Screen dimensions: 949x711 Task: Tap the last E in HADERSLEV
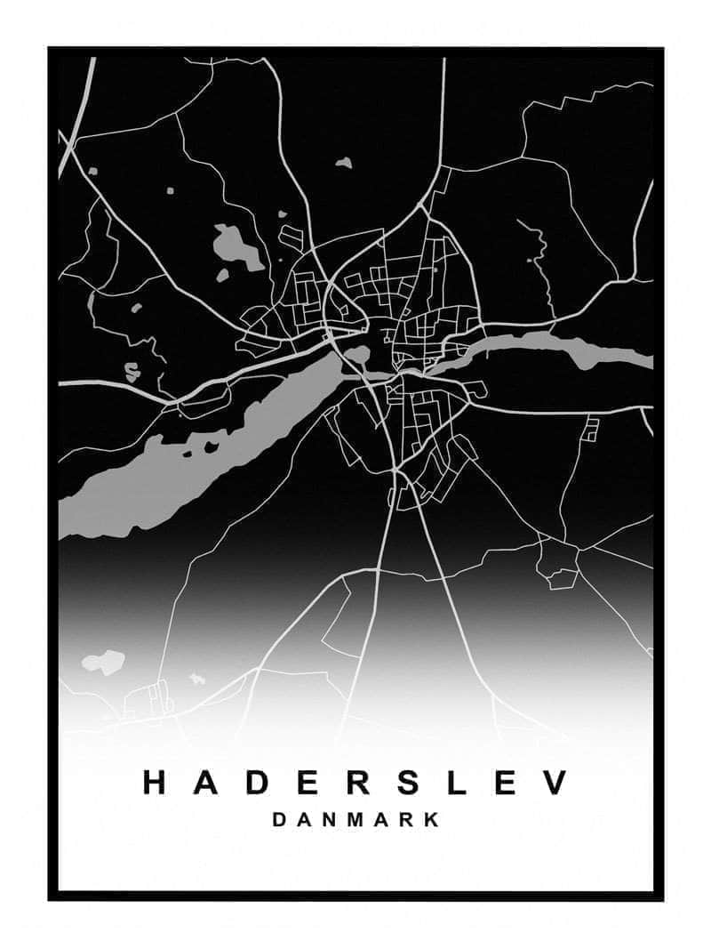[505, 783]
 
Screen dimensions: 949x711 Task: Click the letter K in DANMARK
[432, 820]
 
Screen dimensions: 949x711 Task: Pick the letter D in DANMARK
[279, 820]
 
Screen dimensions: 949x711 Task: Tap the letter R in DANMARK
[407, 820]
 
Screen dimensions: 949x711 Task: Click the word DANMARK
[355, 820]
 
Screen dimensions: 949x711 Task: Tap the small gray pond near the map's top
[343, 163]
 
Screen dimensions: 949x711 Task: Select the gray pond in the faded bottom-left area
[104, 662]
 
